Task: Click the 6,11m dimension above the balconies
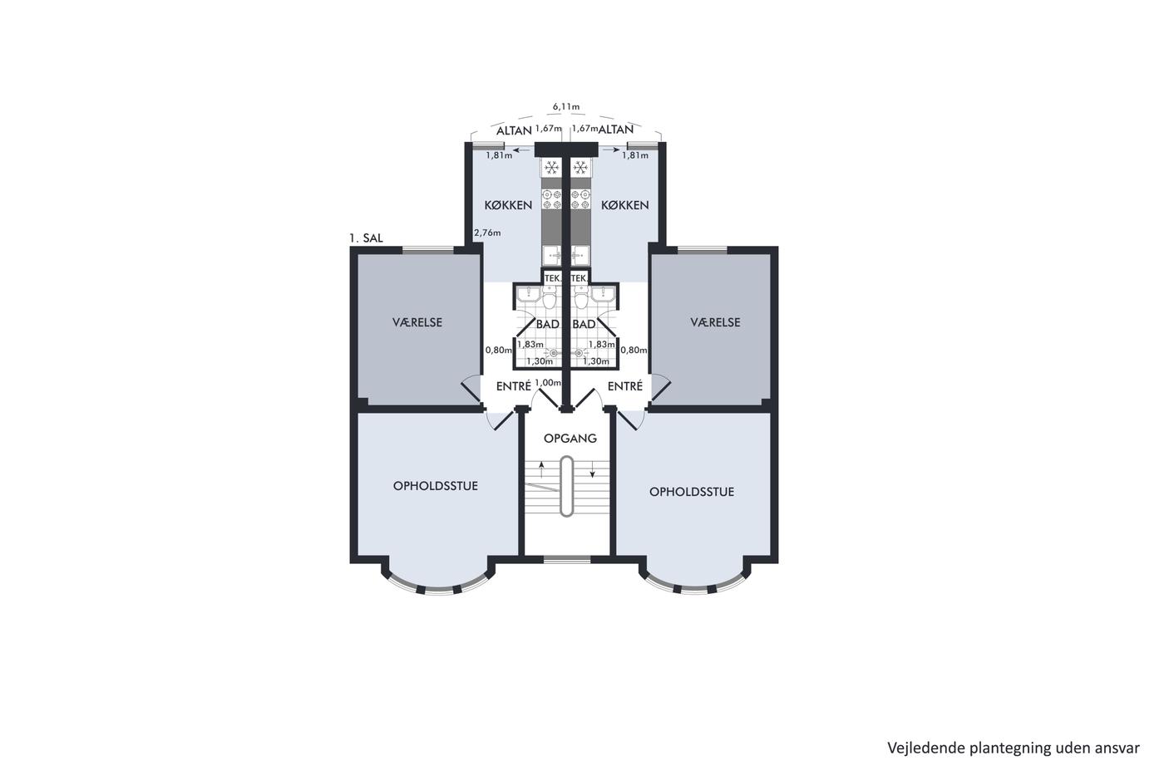[566, 107]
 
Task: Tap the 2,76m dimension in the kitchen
[487, 233]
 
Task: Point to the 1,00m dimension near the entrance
[548, 383]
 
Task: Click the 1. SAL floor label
[367, 238]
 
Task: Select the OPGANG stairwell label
[570, 439]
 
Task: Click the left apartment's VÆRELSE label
[417, 322]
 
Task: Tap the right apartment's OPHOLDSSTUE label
[692, 492]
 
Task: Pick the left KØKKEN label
[508, 205]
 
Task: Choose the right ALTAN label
[616, 130]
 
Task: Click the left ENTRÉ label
[514, 386]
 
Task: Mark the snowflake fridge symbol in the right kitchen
[580, 167]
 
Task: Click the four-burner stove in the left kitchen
[551, 199]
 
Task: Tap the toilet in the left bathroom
[550, 298]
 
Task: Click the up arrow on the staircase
[541, 469]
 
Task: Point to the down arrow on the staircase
[592, 469]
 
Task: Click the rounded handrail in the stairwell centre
[566, 486]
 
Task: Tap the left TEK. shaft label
[552, 279]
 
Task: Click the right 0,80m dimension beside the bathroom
[634, 350]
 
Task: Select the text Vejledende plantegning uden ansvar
[1014, 748]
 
